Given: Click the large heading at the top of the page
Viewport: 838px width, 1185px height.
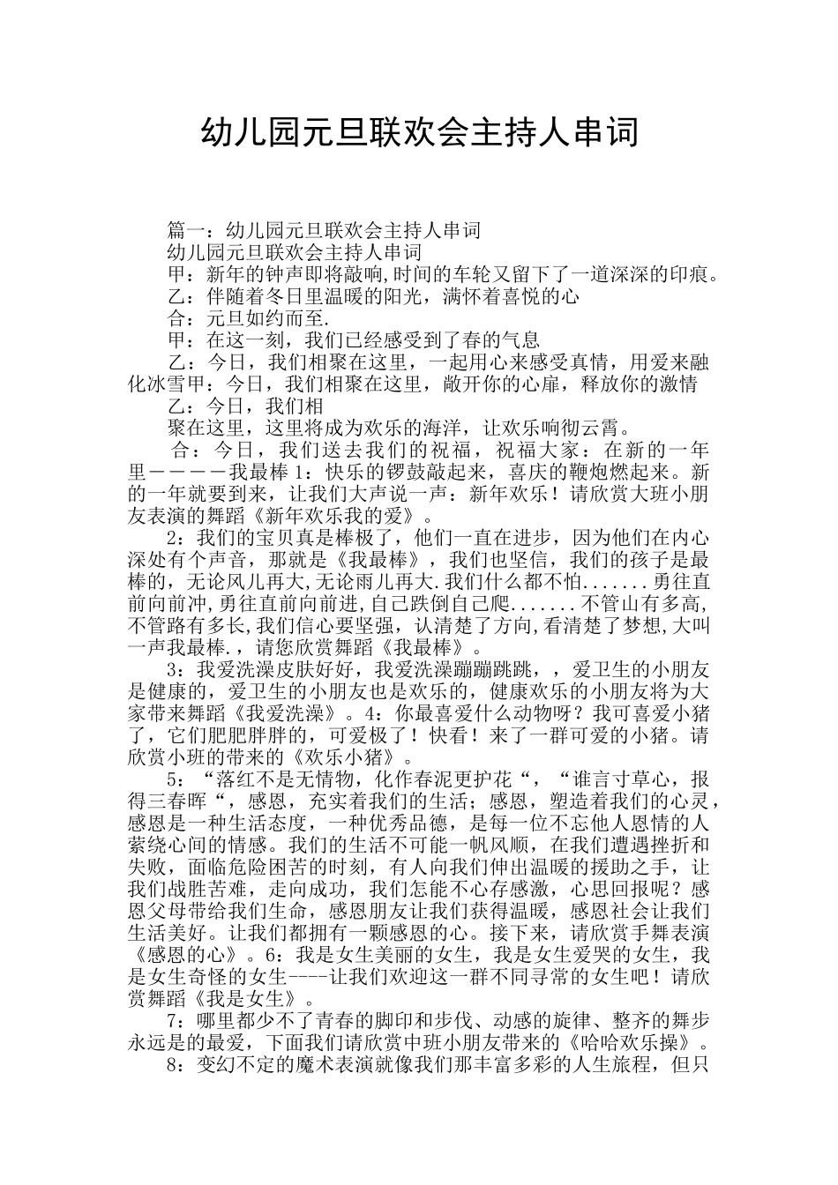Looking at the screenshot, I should click(x=419, y=134).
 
